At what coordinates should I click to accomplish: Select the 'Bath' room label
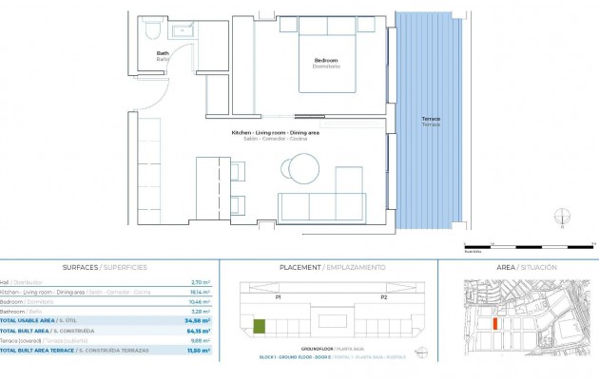point(163,53)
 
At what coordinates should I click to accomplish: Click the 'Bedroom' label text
point(327,62)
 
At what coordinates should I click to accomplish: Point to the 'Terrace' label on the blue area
point(431,120)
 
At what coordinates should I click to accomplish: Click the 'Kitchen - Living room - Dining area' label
point(275,132)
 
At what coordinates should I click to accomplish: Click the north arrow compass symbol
point(563,218)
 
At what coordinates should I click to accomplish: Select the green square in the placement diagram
point(260,328)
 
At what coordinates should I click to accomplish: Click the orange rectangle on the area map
point(495,324)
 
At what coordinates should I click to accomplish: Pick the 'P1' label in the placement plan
point(277,297)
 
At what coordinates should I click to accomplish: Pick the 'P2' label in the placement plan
point(383,297)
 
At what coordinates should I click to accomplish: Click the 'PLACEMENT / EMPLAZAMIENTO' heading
point(332,268)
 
